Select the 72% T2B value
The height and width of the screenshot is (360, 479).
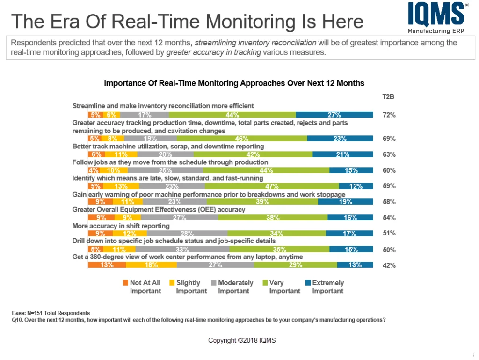[x=389, y=115]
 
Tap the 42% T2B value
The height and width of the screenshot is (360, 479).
[x=389, y=265]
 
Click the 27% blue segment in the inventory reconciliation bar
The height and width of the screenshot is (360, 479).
[x=334, y=115]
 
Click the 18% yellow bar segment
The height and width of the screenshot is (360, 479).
[x=151, y=265]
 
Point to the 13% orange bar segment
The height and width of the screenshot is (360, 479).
[x=107, y=265]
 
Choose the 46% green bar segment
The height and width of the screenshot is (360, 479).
[x=242, y=139]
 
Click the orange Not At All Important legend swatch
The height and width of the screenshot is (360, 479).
[x=125, y=283]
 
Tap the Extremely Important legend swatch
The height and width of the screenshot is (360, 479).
[x=308, y=283]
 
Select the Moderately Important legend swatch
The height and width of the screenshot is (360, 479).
[x=214, y=283]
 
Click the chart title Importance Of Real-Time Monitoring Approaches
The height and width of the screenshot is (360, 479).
[x=234, y=83]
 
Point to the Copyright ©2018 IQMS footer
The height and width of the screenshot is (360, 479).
[x=242, y=340]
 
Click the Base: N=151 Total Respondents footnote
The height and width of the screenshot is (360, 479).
[x=51, y=313]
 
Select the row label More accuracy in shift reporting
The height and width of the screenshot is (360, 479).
[x=121, y=226]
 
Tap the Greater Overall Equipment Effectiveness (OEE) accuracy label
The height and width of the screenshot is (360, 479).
[x=159, y=210]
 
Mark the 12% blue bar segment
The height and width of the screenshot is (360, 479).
[x=356, y=186]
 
